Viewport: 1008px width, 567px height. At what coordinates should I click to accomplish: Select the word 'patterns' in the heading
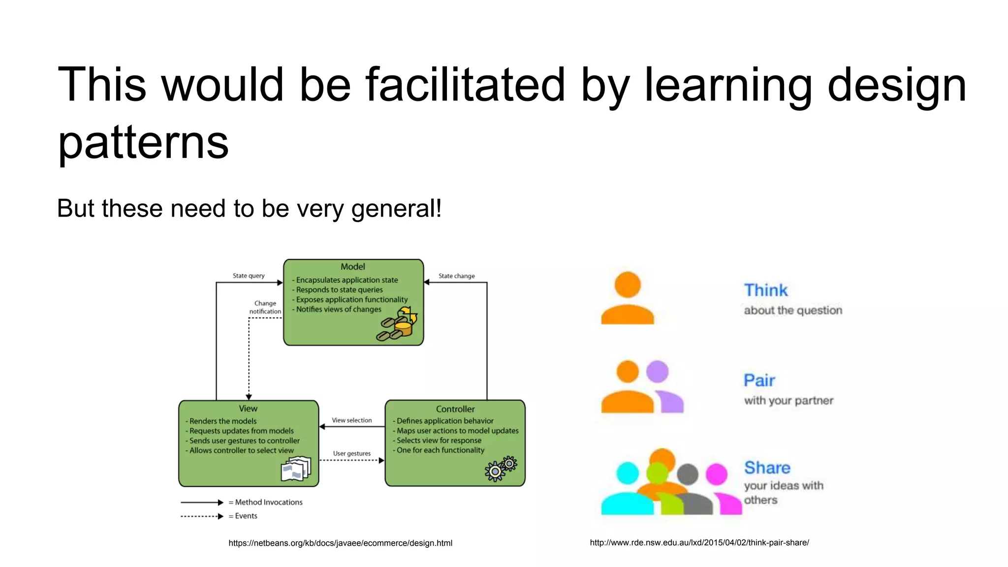[143, 142]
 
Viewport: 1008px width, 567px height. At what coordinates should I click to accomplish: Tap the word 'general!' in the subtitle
[396, 208]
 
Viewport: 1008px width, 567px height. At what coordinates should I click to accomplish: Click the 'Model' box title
[353, 267]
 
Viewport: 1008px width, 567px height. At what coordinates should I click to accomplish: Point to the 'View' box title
[248, 409]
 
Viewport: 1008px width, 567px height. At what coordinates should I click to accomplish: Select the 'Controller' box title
[455, 409]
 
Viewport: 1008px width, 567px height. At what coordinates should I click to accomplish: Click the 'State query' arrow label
[249, 276]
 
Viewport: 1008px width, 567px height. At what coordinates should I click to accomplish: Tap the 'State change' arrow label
[457, 276]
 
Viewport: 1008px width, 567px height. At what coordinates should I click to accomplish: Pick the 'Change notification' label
[265, 307]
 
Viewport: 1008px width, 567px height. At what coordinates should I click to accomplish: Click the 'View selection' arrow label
[352, 420]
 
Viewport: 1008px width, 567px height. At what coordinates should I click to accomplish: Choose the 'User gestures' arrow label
[352, 453]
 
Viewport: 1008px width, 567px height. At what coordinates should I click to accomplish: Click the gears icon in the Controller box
[501, 468]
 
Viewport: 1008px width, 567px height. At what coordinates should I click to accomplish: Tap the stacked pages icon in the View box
[296, 469]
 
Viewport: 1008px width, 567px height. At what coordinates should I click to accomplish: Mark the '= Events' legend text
[243, 516]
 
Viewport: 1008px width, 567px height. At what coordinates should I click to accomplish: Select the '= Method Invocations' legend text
[266, 502]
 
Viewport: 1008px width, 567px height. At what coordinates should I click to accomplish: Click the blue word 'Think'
[766, 290]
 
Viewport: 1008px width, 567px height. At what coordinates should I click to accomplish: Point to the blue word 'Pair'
[759, 380]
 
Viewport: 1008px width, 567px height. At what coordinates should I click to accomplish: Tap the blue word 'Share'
[767, 468]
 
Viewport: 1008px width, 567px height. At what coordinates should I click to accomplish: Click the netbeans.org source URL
[340, 543]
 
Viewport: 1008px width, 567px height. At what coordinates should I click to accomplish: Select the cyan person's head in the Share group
[628, 473]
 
